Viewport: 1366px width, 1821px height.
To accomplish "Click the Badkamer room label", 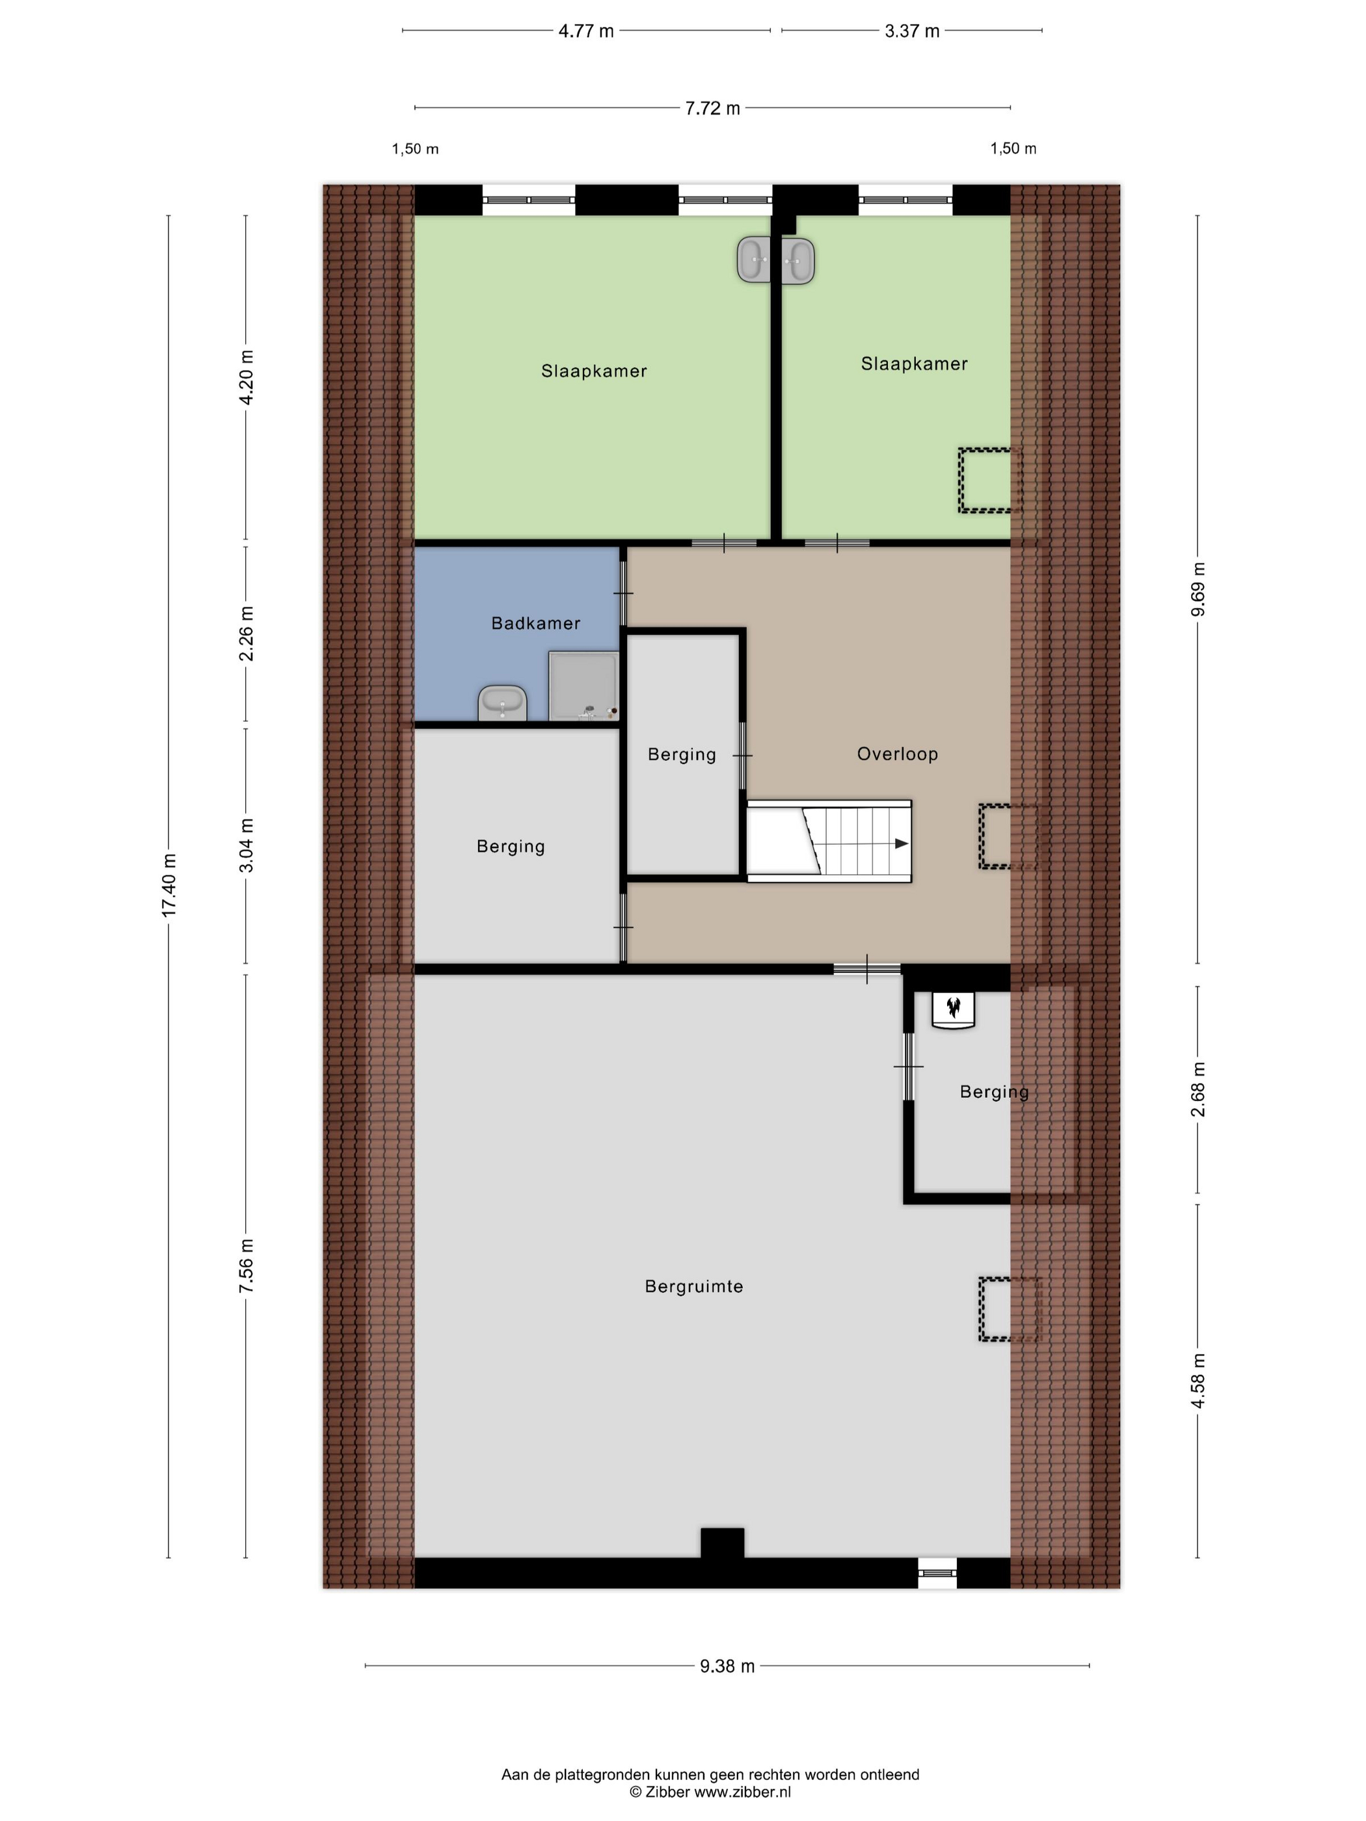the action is [535, 623].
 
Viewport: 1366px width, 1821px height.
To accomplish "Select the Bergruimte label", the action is [693, 1286].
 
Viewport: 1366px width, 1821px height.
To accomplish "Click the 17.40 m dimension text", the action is [168, 885].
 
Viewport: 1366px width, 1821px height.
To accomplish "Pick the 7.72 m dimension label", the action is [712, 108].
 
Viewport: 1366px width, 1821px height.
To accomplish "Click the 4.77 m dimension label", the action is [586, 31].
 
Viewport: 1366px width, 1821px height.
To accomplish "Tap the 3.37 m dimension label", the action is [911, 31].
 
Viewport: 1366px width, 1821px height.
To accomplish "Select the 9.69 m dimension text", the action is [1198, 589].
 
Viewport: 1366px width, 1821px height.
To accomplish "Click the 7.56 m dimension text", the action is [246, 1266].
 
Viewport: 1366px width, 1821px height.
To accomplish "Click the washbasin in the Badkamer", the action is [502, 703].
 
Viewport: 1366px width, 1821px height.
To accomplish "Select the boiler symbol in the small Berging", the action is [953, 1009].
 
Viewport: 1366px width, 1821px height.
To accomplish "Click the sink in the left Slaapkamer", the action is [753, 260].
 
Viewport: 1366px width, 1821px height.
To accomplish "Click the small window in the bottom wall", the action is [938, 1573].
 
